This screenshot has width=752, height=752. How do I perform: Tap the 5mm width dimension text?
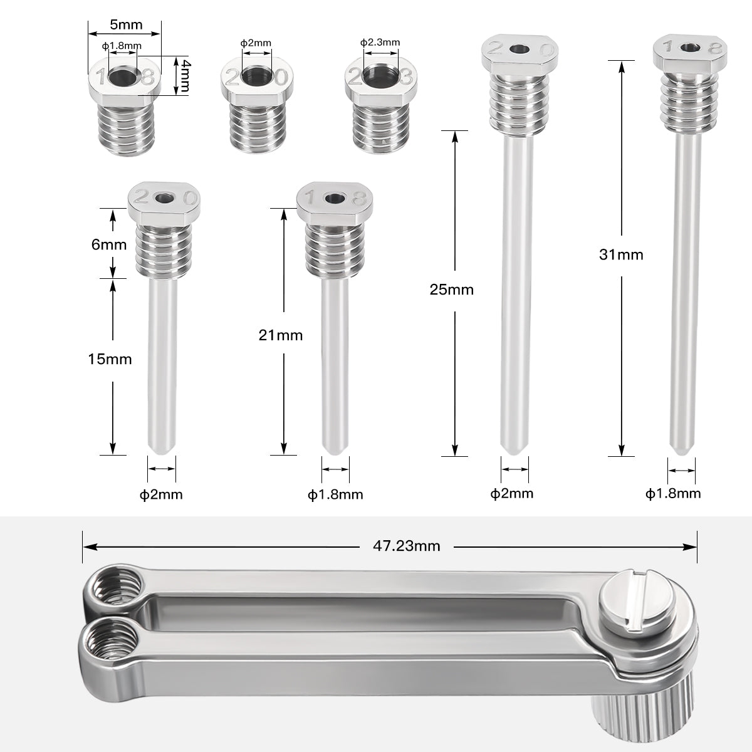tap(126, 25)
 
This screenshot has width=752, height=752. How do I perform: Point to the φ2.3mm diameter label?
tap(380, 42)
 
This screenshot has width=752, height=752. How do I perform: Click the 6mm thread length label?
tap(109, 244)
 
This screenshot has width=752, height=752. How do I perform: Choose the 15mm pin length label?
tap(110, 359)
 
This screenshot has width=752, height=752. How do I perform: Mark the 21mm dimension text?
tap(281, 335)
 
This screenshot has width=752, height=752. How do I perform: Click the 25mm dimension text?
tap(452, 290)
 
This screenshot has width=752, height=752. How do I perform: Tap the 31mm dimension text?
tap(621, 254)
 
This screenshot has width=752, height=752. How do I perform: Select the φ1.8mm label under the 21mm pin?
tap(335, 494)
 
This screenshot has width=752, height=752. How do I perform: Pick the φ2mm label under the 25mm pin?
tap(512, 493)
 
